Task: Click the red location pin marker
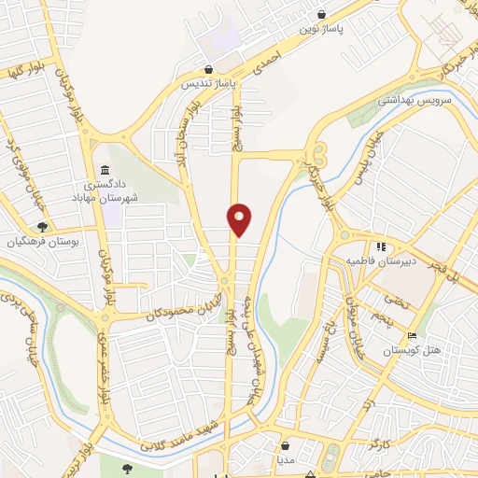240,219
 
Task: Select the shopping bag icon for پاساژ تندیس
209,68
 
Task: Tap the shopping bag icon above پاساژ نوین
322,15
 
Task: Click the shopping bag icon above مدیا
286,446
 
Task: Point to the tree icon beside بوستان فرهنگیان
41,227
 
